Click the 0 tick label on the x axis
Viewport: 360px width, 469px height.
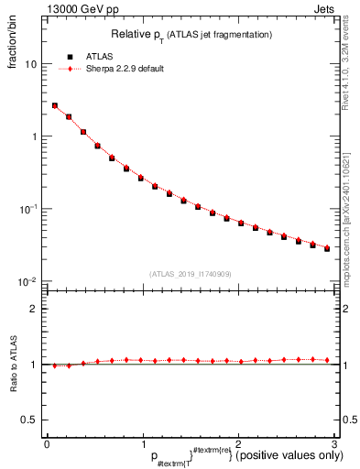coord(47,443)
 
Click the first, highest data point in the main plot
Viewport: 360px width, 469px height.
coord(54,106)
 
